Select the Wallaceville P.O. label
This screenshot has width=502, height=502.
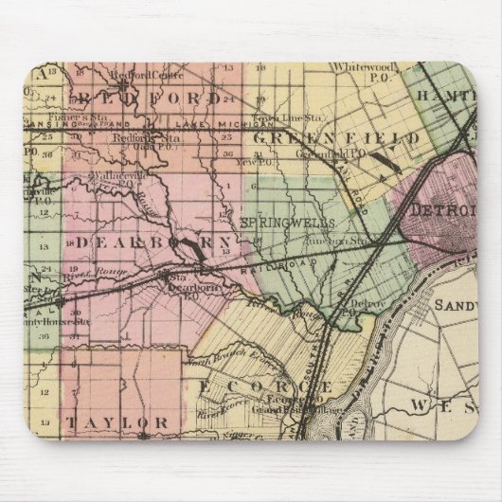117,178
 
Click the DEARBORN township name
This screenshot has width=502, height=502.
152,243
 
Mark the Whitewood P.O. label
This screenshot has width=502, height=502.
360,68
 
